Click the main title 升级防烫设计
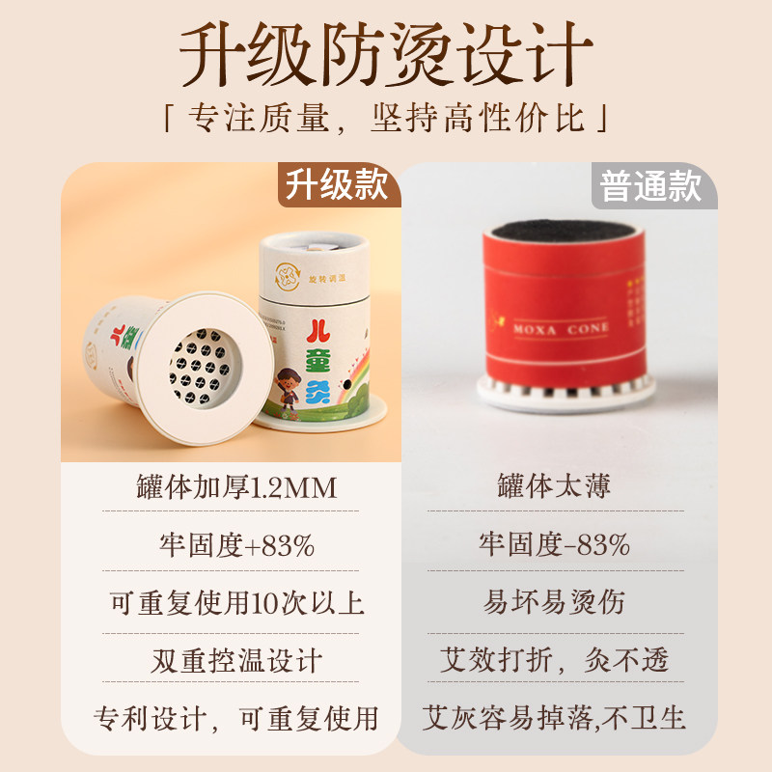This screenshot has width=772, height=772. [386, 55]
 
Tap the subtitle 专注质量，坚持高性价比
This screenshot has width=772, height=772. [386, 121]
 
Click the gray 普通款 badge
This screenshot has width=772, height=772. [650, 185]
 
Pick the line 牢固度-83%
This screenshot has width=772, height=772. [554, 545]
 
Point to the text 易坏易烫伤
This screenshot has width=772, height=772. [554, 603]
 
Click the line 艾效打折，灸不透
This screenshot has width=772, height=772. [554, 661]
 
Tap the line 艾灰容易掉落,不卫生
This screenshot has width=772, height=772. [554, 719]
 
